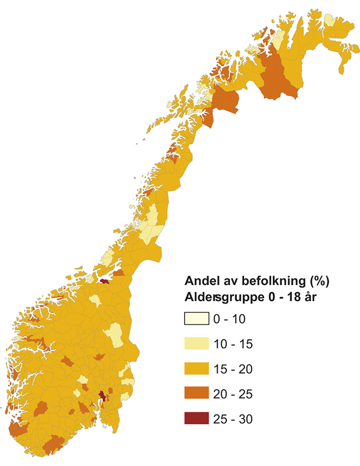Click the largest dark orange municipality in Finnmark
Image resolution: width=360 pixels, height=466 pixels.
coord(278,78)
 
